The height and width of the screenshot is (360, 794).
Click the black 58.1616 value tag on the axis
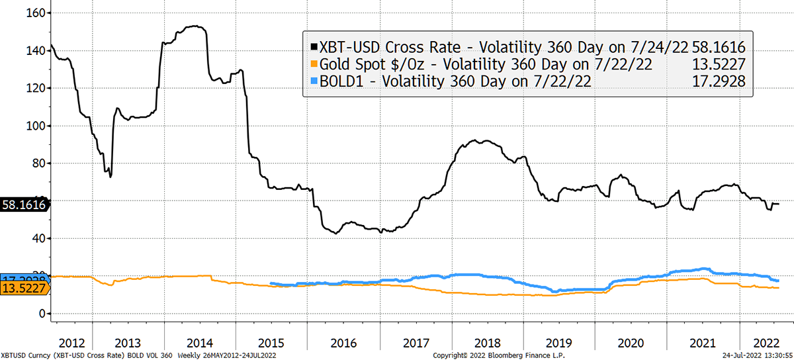(x=24, y=205)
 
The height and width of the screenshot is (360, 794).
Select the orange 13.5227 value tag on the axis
(x=25, y=288)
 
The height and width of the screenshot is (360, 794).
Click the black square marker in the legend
(x=314, y=48)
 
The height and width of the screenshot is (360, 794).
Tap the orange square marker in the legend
(x=314, y=64)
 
